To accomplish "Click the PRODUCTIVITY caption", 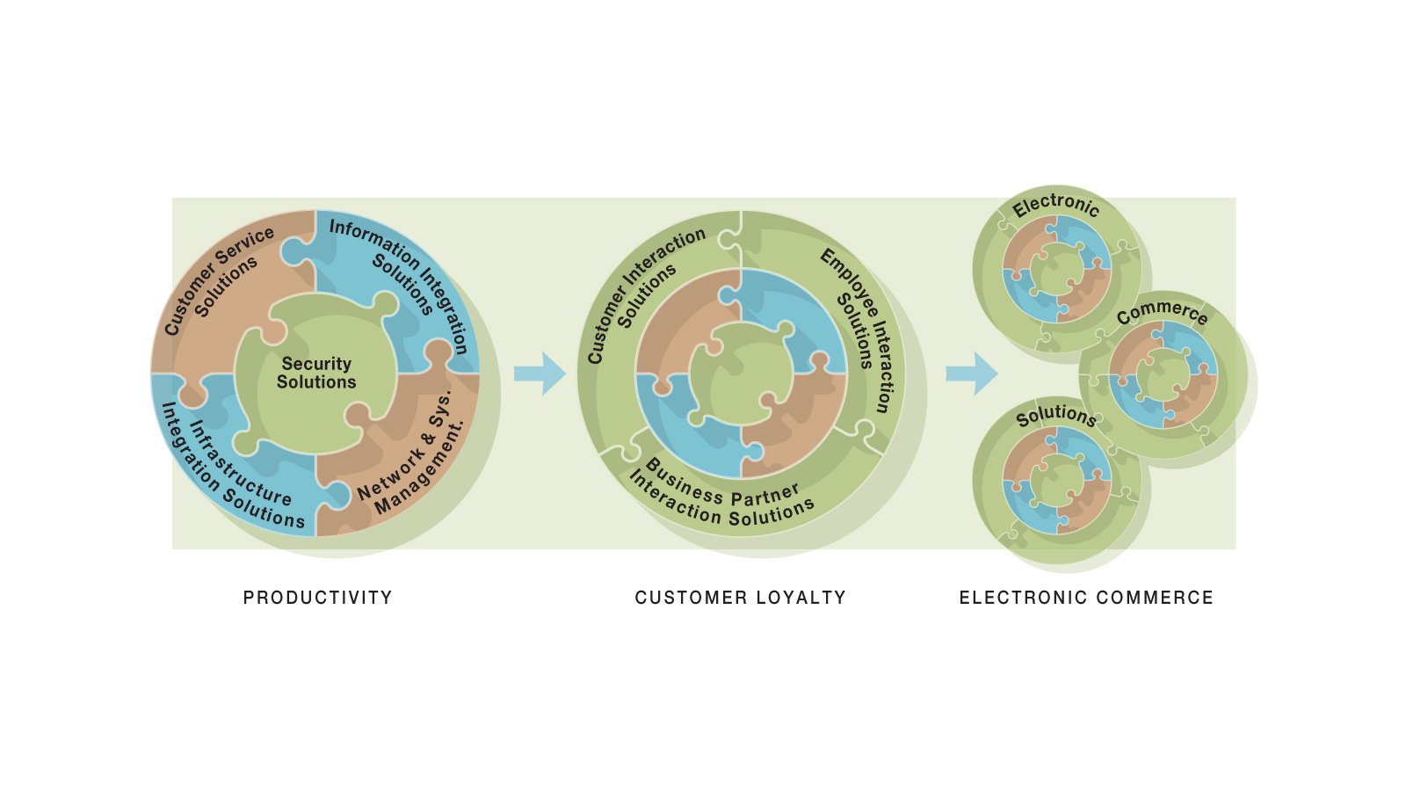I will pyautogui.click(x=317, y=598).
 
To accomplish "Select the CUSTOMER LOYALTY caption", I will pyautogui.click(x=740, y=598).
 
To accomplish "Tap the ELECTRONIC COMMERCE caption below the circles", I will pyautogui.click(x=1086, y=598).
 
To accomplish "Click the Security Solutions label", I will pyautogui.click(x=316, y=373).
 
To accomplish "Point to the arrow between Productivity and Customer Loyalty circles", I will pyautogui.click(x=540, y=374).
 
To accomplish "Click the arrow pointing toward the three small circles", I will pyautogui.click(x=971, y=374).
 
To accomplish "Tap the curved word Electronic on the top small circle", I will pyautogui.click(x=1055, y=205).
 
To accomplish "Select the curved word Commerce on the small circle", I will pyautogui.click(x=1162, y=312).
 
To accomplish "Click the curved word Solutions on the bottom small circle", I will pyautogui.click(x=1055, y=415).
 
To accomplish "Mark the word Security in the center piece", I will pyautogui.click(x=316, y=363).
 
